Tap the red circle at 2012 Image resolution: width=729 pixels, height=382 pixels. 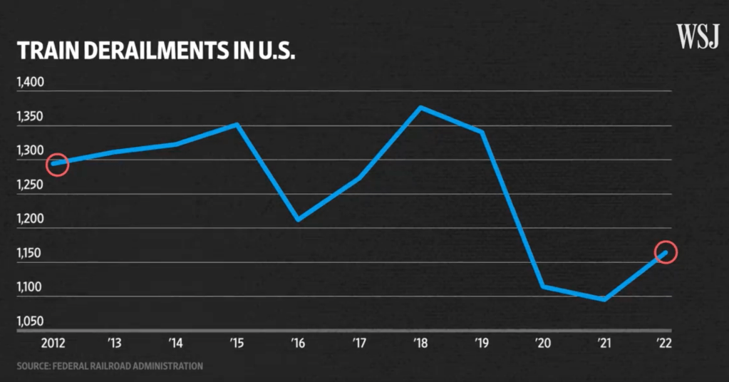(x=58, y=165)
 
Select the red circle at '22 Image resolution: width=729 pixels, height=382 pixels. (x=665, y=252)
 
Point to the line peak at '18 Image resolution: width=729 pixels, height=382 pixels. (x=421, y=108)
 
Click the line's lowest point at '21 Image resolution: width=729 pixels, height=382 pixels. (x=604, y=299)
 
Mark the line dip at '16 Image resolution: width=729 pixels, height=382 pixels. (x=299, y=220)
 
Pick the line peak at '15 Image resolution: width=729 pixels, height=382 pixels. (x=238, y=125)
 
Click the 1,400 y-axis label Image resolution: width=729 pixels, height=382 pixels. (x=30, y=83)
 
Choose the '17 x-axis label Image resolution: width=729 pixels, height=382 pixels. (x=360, y=344)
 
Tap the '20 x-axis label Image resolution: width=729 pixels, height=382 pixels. (x=543, y=344)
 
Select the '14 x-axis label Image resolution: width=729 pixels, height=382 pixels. (x=177, y=344)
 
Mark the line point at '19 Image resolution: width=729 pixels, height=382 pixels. (x=482, y=132)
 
